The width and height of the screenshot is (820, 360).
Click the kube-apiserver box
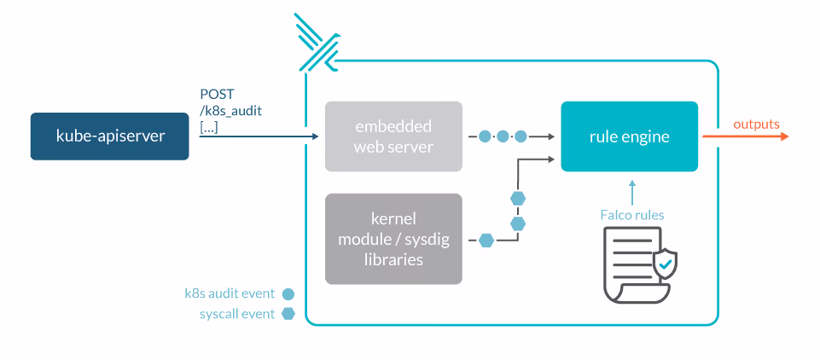pyautogui.click(x=109, y=136)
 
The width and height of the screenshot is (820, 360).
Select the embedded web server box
pyautogui.click(x=393, y=136)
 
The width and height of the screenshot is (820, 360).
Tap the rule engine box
pyautogui.click(x=629, y=136)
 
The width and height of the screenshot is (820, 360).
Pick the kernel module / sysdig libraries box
pyautogui.click(x=393, y=239)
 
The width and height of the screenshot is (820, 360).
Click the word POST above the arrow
pyautogui.click(x=217, y=94)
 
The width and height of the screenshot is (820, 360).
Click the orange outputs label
pyautogui.click(x=756, y=125)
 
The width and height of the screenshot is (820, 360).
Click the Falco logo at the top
pyautogui.click(x=317, y=43)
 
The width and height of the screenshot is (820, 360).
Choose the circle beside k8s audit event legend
pyautogui.click(x=288, y=293)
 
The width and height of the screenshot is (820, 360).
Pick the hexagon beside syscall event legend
pyautogui.click(x=288, y=314)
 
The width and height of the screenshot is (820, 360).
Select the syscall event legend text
pyautogui.click(x=236, y=314)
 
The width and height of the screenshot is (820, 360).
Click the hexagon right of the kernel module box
pyautogui.click(x=486, y=240)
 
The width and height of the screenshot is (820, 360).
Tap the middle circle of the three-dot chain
pyautogui.click(x=503, y=136)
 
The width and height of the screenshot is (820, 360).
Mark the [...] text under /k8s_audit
pyautogui.click(x=208, y=126)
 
